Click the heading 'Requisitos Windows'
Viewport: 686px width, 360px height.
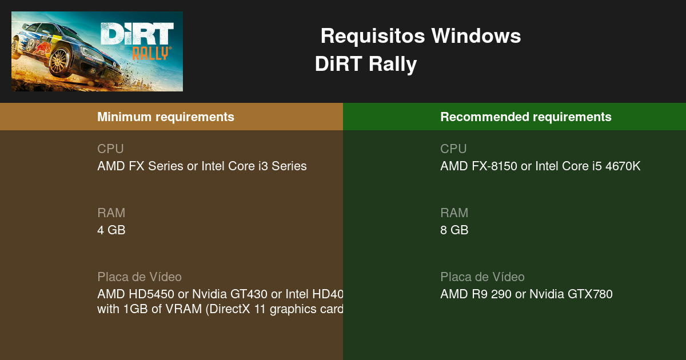420,36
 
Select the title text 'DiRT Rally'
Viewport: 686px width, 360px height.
366,64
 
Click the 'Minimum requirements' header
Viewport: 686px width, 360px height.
166,117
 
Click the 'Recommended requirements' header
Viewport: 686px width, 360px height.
526,117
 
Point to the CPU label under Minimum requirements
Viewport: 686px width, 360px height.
110,149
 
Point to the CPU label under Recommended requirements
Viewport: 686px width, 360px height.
453,149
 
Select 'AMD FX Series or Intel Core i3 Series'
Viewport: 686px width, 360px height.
202,166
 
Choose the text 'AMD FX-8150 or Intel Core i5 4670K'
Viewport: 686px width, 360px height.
540,166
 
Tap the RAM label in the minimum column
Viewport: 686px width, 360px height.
111,213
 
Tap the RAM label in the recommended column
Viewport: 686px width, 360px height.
454,213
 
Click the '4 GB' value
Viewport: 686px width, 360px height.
111,230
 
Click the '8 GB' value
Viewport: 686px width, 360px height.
454,230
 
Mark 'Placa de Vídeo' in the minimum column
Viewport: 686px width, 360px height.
139,277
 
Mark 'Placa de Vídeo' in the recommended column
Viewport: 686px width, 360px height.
482,277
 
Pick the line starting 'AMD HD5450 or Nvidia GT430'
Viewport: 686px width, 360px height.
220,294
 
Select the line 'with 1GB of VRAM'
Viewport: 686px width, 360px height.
220,309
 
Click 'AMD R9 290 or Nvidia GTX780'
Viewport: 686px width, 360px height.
526,294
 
